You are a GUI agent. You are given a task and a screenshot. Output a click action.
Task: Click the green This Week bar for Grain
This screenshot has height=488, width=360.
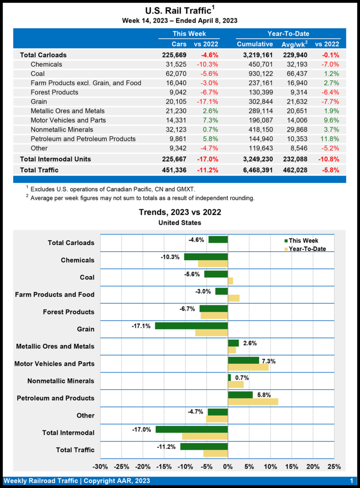click(x=191, y=326)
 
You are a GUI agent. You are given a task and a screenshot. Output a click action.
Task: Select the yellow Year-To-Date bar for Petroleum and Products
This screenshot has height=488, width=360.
click(x=253, y=401)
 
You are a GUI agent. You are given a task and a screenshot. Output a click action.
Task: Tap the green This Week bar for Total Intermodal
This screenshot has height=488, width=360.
click(x=192, y=429)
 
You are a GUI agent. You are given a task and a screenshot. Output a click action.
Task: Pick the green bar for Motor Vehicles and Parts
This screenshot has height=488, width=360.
click(x=243, y=360)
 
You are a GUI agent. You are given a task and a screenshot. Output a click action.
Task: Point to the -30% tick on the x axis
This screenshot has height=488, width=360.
click(x=100, y=466)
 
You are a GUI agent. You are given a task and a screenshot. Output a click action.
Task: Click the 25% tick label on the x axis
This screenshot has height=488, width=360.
click(x=334, y=466)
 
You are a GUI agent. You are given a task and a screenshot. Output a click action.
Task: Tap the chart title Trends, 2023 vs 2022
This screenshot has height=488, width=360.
click(x=180, y=213)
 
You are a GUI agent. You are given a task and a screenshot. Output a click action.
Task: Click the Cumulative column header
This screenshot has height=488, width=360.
click(x=255, y=44)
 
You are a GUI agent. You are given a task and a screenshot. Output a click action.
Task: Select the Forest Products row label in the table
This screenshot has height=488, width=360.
click(x=54, y=92)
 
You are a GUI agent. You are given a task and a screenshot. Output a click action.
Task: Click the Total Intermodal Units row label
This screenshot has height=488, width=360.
click(x=55, y=159)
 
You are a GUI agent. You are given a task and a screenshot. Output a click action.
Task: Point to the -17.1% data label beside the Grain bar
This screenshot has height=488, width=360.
click(x=141, y=326)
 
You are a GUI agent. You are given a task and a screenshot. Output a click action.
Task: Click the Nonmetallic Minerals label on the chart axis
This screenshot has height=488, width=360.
click(x=61, y=381)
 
